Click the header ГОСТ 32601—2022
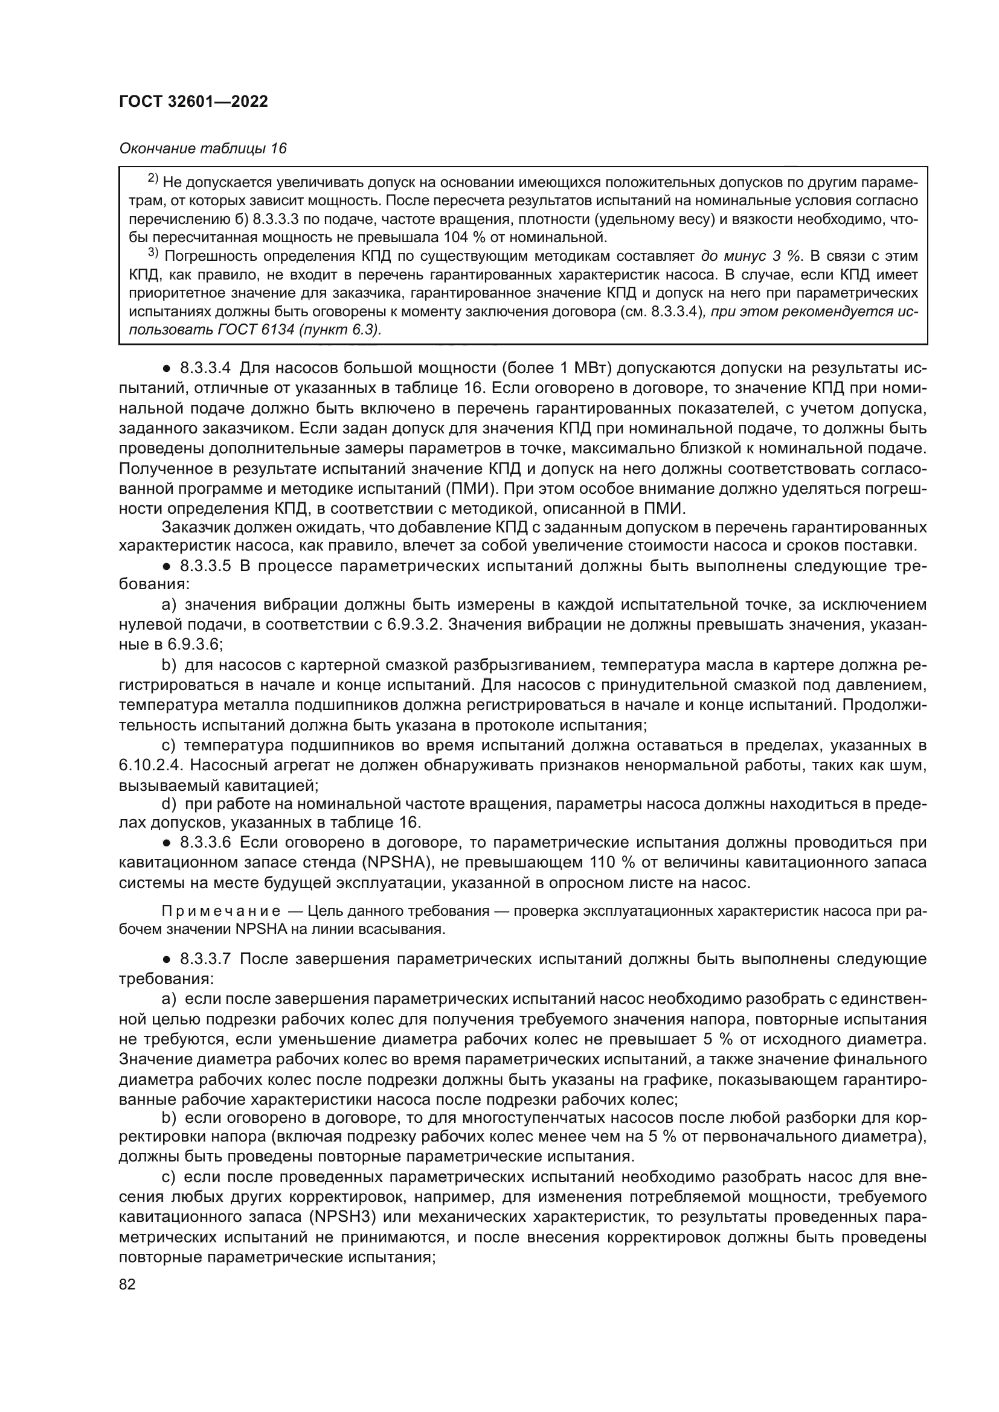(x=193, y=101)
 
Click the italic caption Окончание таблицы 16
(x=202, y=149)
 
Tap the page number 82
(x=127, y=1285)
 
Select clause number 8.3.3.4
(x=205, y=368)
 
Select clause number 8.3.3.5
(x=205, y=566)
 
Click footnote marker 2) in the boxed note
(x=153, y=180)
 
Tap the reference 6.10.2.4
(x=147, y=765)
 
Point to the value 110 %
(x=612, y=862)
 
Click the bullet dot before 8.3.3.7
(x=166, y=959)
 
